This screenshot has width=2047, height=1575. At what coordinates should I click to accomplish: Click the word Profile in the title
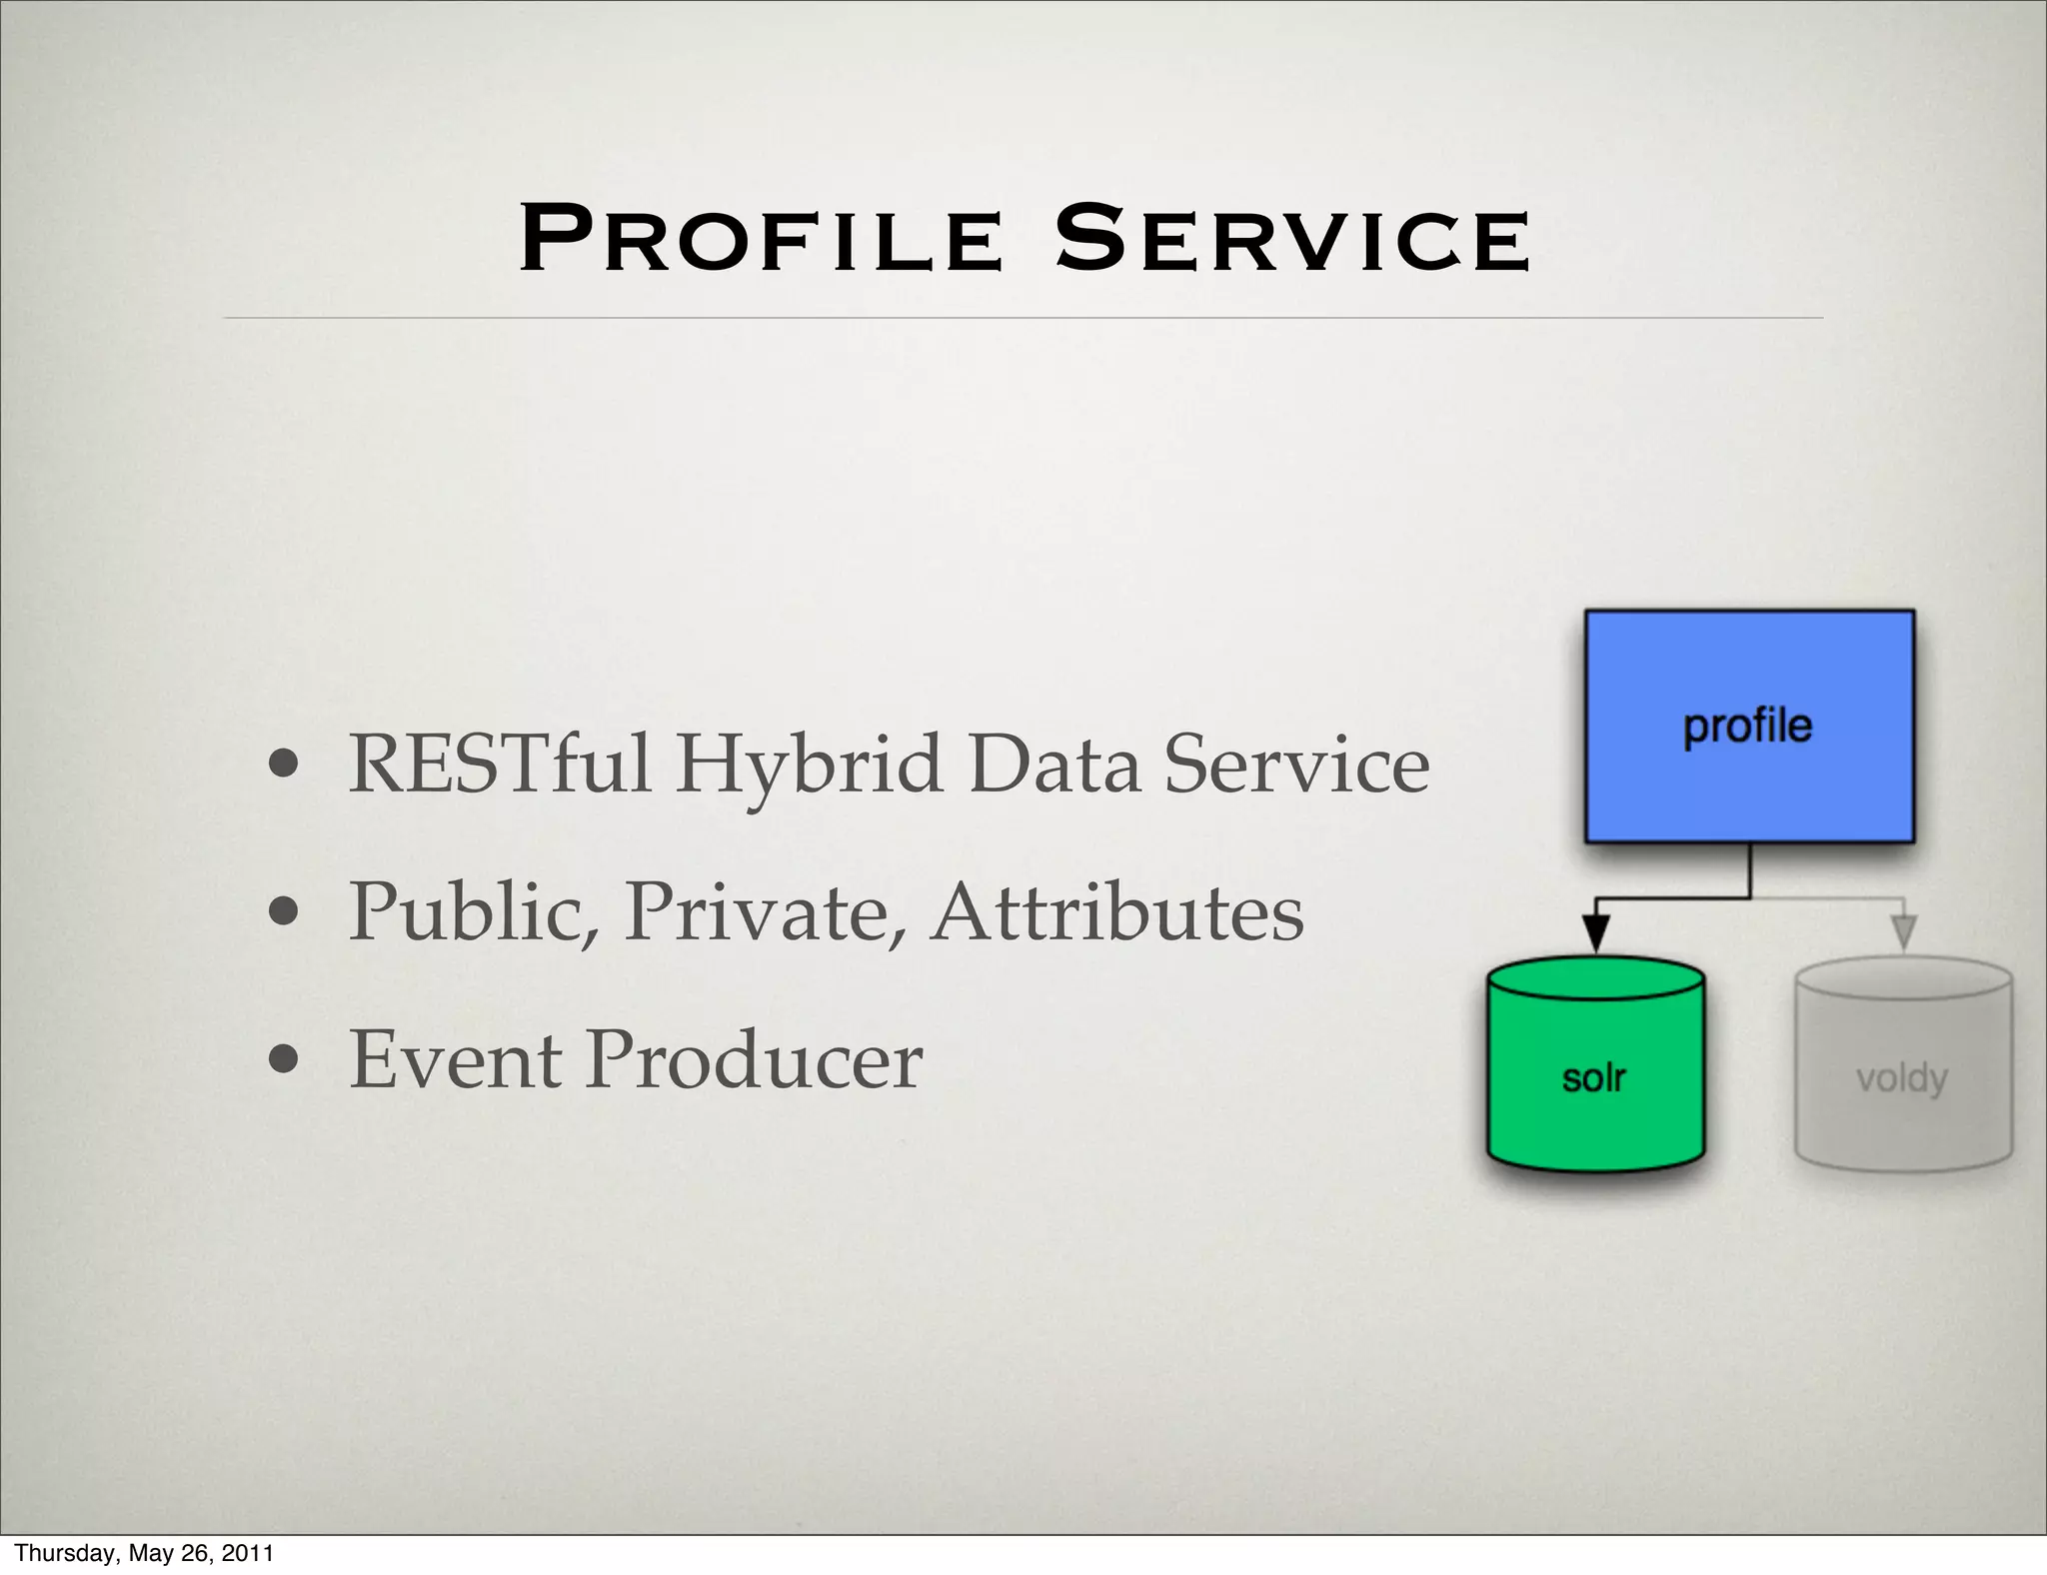coord(761,240)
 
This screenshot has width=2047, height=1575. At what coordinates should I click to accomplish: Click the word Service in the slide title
coord(1292,240)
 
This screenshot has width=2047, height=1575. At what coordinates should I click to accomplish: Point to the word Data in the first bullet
coord(1053,765)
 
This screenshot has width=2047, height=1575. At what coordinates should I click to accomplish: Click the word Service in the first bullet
coord(1296,765)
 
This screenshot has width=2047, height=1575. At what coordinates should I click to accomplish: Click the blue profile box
coord(1749,727)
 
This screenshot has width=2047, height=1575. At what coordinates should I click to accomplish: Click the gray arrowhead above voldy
coord(1904,932)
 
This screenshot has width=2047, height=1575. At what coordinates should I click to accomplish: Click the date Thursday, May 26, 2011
coord(144,1553)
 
